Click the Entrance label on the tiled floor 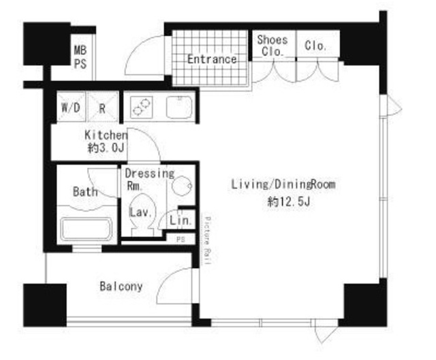click(x=212, y=59)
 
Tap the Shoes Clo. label click(x=272, y=46)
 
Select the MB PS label click(x=80, y=57)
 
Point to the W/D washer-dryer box click(x=71, y=107)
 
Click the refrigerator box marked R click(x=103, y=107)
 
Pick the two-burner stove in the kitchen click(x=141, y=108)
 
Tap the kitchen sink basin click(x=179, y=108)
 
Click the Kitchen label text click(x=106, y=135)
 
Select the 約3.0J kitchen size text click(x=106, y=148)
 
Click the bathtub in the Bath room click(x=87, y=229)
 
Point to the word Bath click(x=85, y=192)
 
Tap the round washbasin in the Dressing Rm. click(x=182, y=186)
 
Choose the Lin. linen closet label click(x=181, y=221)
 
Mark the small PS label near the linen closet click(x=181, y=239)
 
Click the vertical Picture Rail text click(x=208, y=240)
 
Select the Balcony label click(x=121, y=286)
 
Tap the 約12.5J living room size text click(x=289, y=201)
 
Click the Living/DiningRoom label click(x=283, y=184)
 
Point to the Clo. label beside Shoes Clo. click(x=315, y=46)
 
